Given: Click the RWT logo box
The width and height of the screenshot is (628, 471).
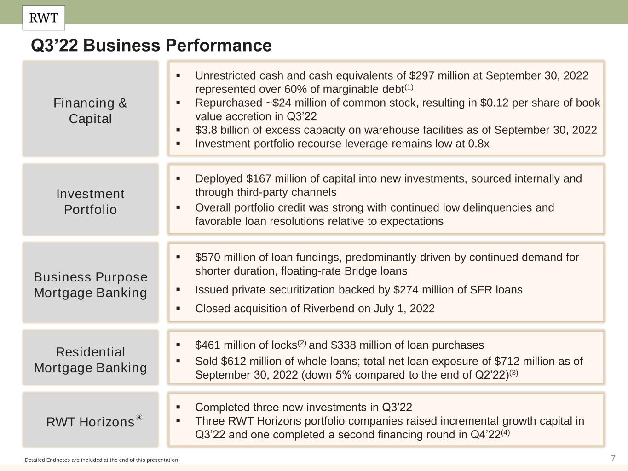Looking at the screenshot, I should (44, 18).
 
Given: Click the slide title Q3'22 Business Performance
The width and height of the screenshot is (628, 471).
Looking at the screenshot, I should (151, 46).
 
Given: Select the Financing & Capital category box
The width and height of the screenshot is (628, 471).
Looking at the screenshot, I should (90, 109).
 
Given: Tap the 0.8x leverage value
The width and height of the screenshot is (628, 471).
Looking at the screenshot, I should (478, 144).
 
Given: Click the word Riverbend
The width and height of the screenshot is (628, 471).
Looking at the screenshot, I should (328, 308).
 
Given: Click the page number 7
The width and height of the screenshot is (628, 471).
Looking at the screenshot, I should (613, 458).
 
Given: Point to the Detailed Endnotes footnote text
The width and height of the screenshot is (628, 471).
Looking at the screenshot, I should (102, 460).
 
